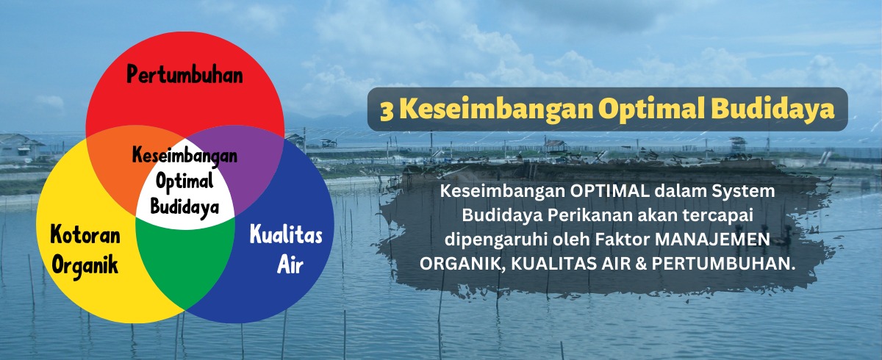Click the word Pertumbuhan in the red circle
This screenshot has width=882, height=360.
point(184,74)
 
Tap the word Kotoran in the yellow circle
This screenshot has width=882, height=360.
point(85,235)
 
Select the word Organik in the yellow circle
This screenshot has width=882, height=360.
point(85,264)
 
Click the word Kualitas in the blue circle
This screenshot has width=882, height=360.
point(286,234)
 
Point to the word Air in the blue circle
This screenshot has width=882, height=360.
point(290,264)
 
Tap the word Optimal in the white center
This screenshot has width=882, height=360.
point(184,182)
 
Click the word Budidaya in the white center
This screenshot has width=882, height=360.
point(184,206)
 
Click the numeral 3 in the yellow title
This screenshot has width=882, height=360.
point(387,111)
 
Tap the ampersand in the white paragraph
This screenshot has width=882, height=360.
point(641,264)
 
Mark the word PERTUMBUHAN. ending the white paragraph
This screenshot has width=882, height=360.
point(722,264)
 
